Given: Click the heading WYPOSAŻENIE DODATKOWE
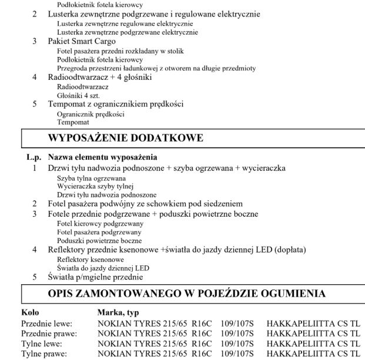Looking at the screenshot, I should [x=125, y=139].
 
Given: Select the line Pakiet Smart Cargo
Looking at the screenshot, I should [x=82, y=41].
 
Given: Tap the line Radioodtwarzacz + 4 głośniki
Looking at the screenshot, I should [x=100, y=77].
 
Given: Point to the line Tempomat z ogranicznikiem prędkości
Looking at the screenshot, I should [x=116, y=104].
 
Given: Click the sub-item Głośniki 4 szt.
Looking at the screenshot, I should [x=74, y=95].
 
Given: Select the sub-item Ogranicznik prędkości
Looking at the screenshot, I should [x=90, y=113].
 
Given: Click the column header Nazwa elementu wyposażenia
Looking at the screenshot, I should [x=102, y=157].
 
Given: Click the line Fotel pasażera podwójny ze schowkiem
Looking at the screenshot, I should [x=145, y=204].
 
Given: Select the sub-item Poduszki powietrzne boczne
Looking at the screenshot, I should [x=99, y=240].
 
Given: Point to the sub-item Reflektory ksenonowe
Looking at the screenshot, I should [x=90, y=258].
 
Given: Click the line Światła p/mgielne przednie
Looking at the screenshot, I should [x=95, y=277].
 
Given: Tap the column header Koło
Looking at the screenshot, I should [x=30, y=314].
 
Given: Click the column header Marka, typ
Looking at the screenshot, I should [x=118, y=314].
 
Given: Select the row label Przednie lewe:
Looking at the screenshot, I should [x=46, y=323].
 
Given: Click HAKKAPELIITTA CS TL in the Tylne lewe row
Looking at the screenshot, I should [x=313, y=344].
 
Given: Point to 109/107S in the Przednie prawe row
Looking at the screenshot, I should [x=237, y=333].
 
